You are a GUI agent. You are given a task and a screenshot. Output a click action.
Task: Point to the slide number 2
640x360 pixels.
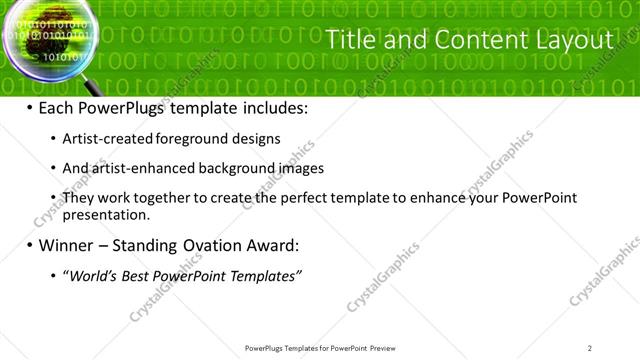point(590,347)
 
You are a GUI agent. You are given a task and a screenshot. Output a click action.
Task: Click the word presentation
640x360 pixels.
point(106,214)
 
